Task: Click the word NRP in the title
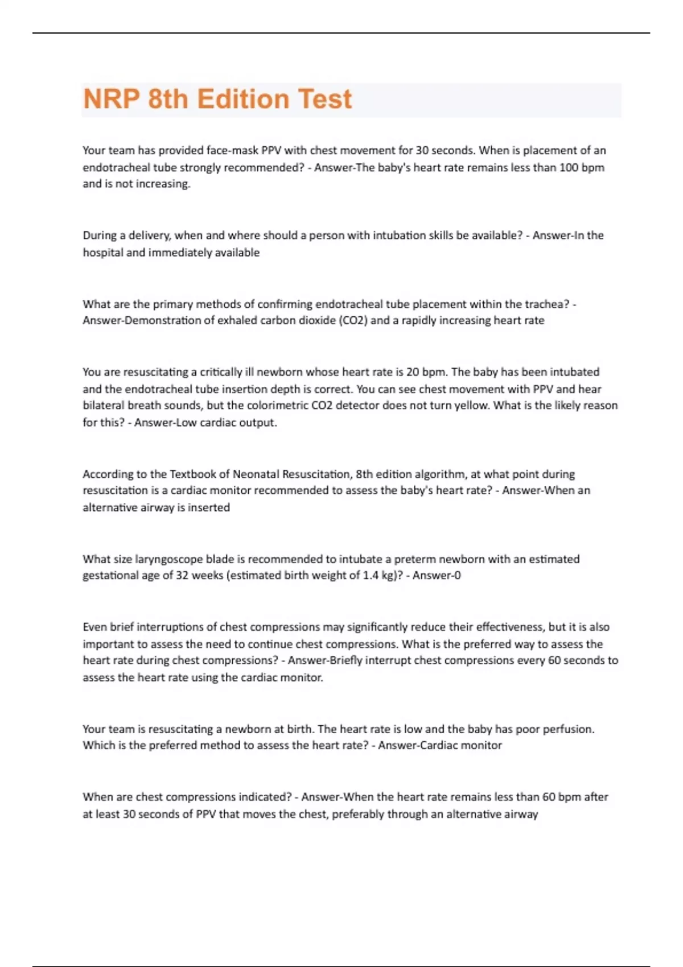pos(112,99)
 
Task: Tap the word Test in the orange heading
pos(325,99)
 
